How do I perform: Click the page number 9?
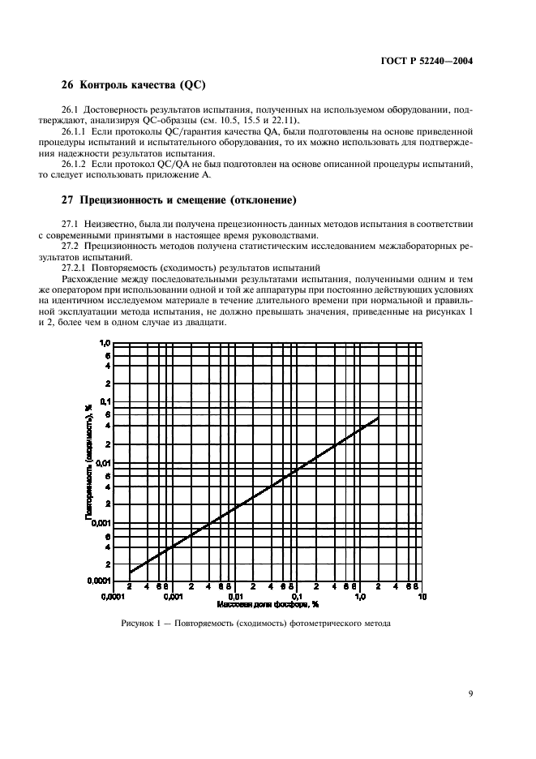(x=470, y=693)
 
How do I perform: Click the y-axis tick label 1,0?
(x=103, y=344)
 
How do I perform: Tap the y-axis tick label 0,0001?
(x=96, y=581)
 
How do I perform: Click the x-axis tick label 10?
(x=422, y=597)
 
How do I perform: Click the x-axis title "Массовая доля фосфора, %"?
(x=268, y=606)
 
